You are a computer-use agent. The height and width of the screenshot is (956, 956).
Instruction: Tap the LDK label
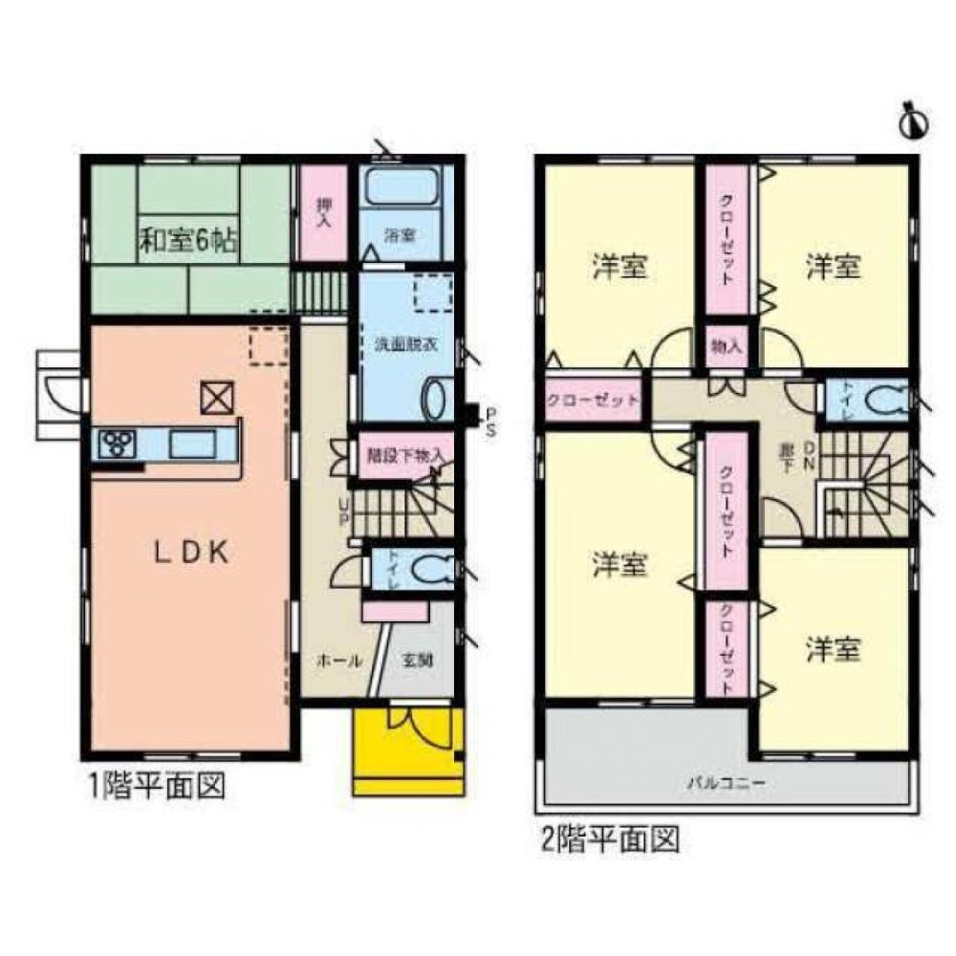(x=193, y=553)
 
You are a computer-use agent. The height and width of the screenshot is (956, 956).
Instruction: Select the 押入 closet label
(x=324, y=210)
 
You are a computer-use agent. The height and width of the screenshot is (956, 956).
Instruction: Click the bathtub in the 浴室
(x=402, y=187)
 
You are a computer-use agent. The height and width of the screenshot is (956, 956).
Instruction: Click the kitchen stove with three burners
(x=118, y=444)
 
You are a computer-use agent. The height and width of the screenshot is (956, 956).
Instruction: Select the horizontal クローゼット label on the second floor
(x=593, y=400)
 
